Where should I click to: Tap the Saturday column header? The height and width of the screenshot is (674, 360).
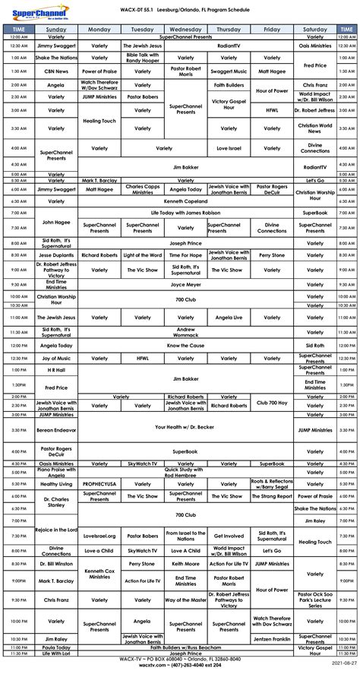coord(316,29)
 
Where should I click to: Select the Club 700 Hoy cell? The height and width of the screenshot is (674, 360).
coord(272,402)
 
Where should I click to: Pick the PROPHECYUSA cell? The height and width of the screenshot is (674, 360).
coord(99,483)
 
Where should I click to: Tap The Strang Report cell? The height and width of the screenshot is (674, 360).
coord(272,496)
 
